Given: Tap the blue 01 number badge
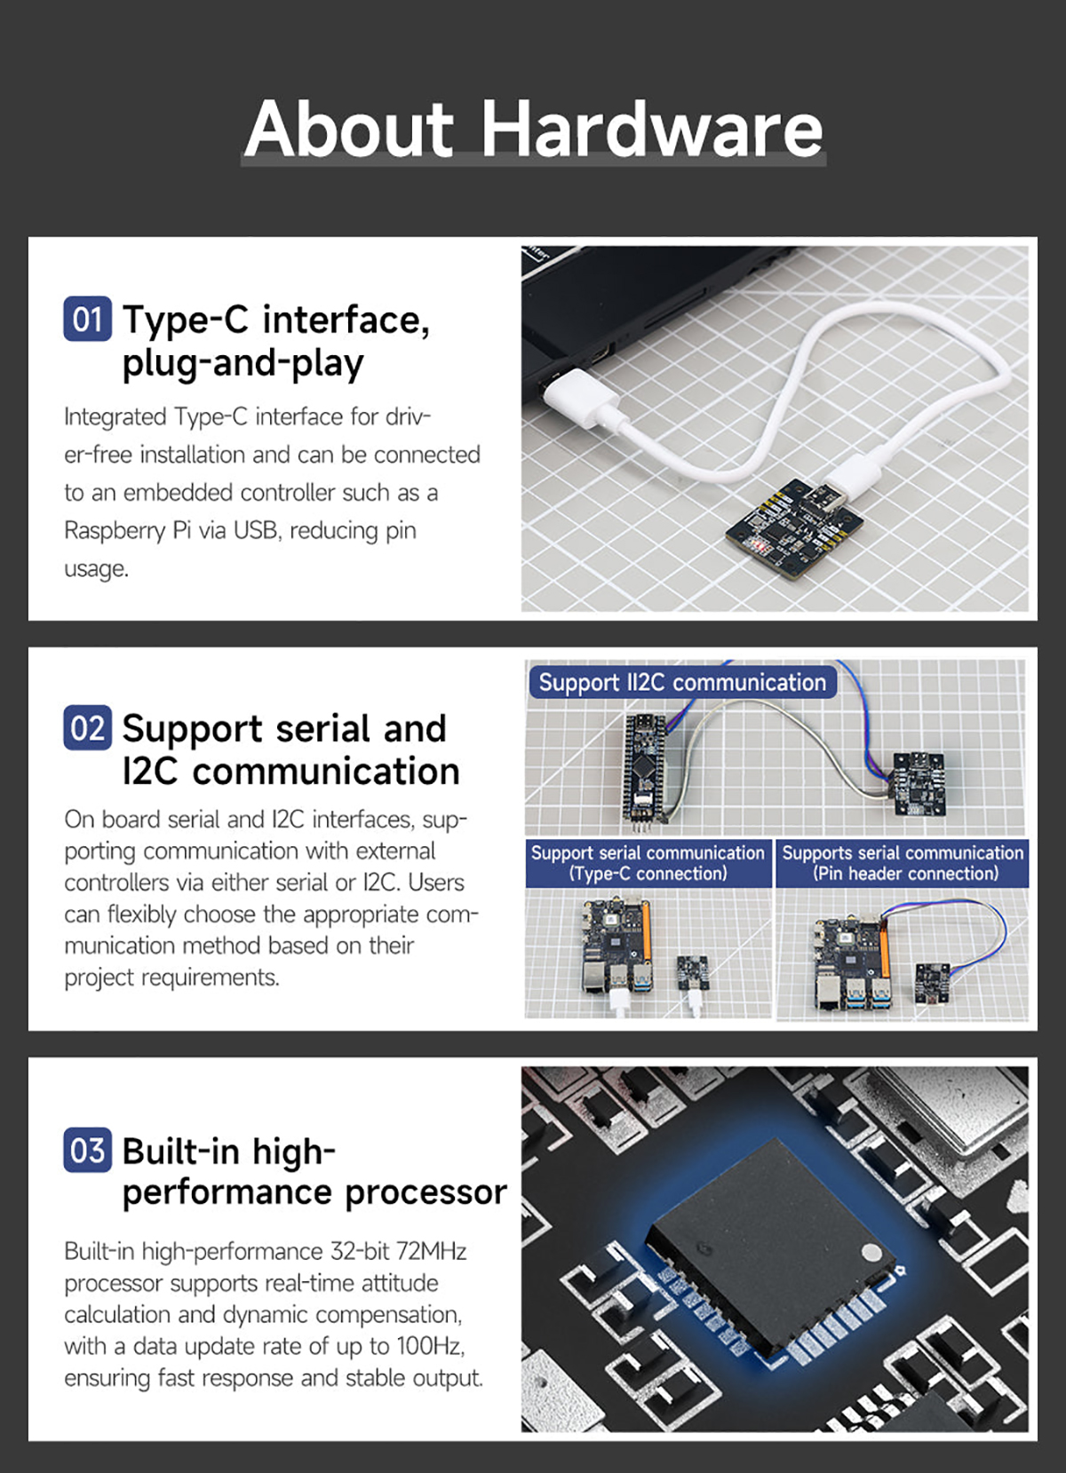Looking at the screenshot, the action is (x=88, y=319).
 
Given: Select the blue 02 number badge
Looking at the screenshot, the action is (x=88, y=728).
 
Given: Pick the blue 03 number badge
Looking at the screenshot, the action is (x=88, y=1150).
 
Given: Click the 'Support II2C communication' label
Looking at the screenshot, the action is (x=682, y=682).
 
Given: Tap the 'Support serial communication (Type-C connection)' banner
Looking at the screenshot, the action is (x=648, y=863).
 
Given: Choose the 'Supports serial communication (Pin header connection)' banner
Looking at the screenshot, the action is (x=903, y=863).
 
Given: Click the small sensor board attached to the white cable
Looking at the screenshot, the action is (x=793, y=528).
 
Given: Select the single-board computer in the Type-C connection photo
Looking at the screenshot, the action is (x=617, y=945).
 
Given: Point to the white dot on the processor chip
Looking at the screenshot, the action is (x=871, y=1252).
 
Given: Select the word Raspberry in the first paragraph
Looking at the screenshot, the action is (x=115, y=531).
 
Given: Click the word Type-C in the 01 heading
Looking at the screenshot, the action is (x=186, y=321).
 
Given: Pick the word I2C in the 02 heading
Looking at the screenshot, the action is (x=150, y=771).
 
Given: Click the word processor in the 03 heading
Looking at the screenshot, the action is (x=426, y=1192).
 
